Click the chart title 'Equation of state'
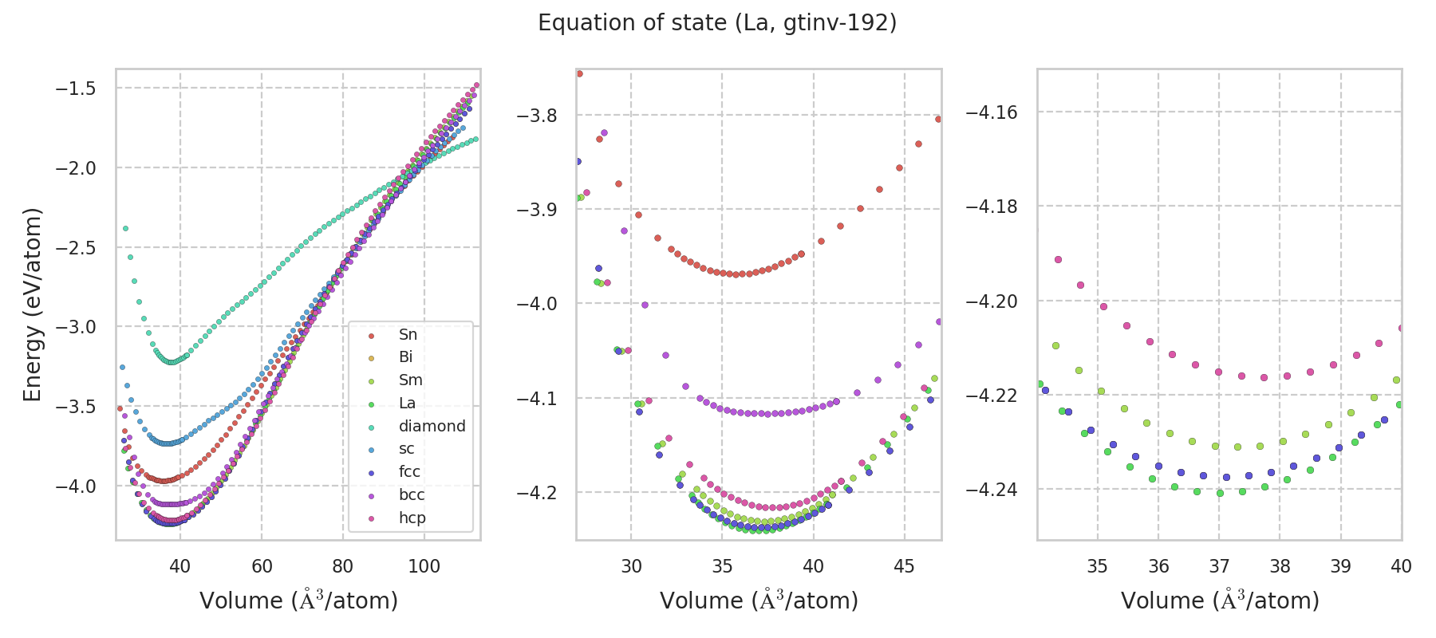(717, 23)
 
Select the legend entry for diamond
(432, 426)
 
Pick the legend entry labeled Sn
(408, 334)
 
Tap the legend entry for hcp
(412, 518)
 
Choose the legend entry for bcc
(412, 494)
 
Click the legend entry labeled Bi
(406, 357)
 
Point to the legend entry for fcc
(409, 471)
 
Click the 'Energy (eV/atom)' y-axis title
(32, 305)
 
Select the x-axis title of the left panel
(298, 601)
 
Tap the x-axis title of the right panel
(1220, 601)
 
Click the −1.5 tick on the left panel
(76, 88)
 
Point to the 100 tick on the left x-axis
(424, 566)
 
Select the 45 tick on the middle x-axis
(905, 566)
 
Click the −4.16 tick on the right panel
(992, 112)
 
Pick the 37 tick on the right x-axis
(1219, 566)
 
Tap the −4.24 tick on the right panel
(992, 489)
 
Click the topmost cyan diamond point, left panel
(125, 229)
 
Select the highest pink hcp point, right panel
(1059, 259)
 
